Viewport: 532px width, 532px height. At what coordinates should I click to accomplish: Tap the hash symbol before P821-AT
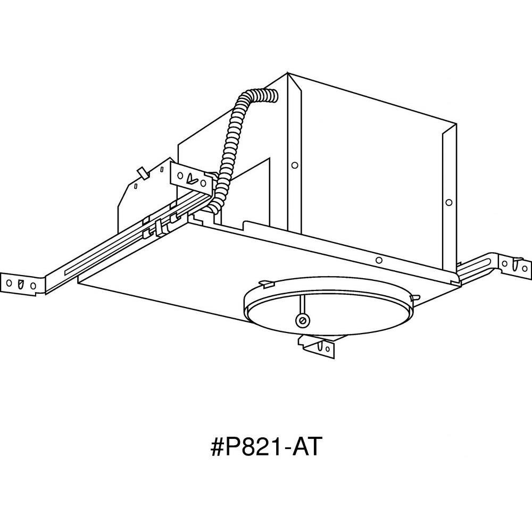(x=218, y=448)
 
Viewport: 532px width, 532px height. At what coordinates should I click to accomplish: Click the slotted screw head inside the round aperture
(x=301, y=320)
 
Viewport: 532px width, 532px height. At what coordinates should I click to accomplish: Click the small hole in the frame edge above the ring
(x=379, y=260)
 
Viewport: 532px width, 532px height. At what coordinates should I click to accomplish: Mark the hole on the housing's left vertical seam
(x=295, y=165)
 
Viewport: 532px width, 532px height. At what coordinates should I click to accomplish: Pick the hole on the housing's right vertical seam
(x=449, y=203)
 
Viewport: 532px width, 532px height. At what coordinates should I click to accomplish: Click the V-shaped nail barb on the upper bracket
(x=192, y=178)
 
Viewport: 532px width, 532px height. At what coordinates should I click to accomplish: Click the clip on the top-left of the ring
(x=267, y=282)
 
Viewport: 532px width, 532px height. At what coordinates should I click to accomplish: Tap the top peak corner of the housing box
(x=288, y=72)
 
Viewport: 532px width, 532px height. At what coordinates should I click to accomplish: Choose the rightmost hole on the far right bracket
(x=527, y=267)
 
